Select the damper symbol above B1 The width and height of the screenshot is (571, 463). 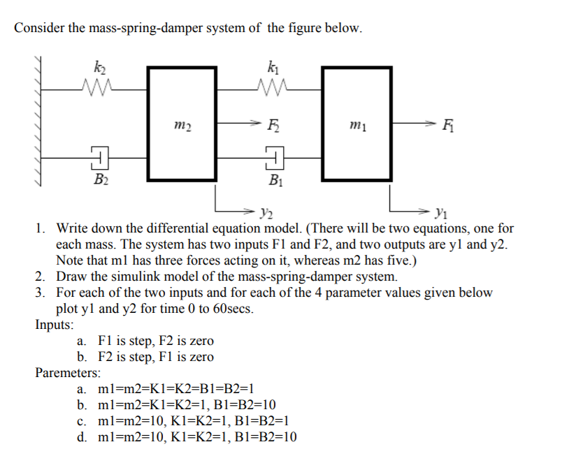[x=275, y=156]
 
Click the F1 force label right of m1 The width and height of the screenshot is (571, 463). [x=448, y=126]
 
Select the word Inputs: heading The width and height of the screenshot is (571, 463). [x=55, y=325]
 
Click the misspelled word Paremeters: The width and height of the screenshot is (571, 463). [x=68, y=373]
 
